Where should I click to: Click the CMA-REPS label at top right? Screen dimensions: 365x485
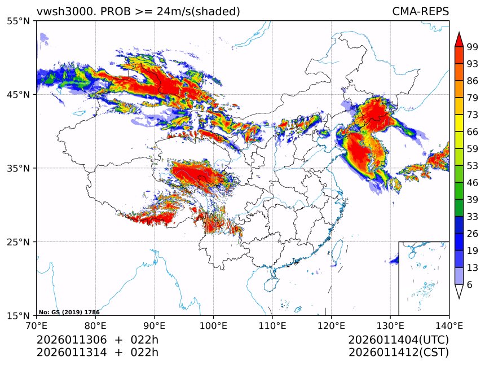420,11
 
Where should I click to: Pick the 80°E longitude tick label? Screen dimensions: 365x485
95,325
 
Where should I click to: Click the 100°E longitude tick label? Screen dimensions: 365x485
213,325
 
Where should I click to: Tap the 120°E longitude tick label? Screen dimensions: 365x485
331,325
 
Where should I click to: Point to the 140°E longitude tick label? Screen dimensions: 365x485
449,325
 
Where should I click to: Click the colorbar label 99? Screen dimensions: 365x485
473,47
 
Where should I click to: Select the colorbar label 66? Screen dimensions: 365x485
473,131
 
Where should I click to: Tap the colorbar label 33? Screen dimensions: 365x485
473,217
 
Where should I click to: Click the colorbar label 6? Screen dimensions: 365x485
470,284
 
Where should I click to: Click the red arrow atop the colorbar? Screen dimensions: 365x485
459,39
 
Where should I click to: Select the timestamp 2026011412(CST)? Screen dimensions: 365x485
398,353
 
